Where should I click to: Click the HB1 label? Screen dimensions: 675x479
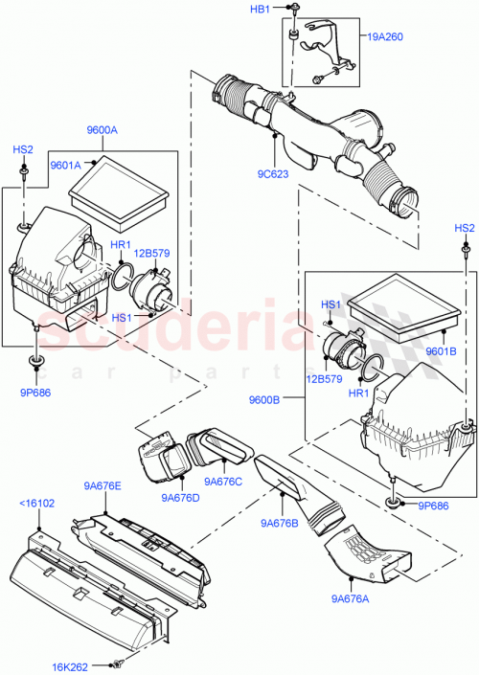260,9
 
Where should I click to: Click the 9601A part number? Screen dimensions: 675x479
65,164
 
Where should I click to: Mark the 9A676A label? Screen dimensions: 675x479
352,599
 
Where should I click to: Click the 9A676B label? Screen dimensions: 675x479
278,522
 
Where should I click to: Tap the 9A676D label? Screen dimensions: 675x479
182,497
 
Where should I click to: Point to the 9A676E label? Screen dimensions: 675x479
103,486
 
